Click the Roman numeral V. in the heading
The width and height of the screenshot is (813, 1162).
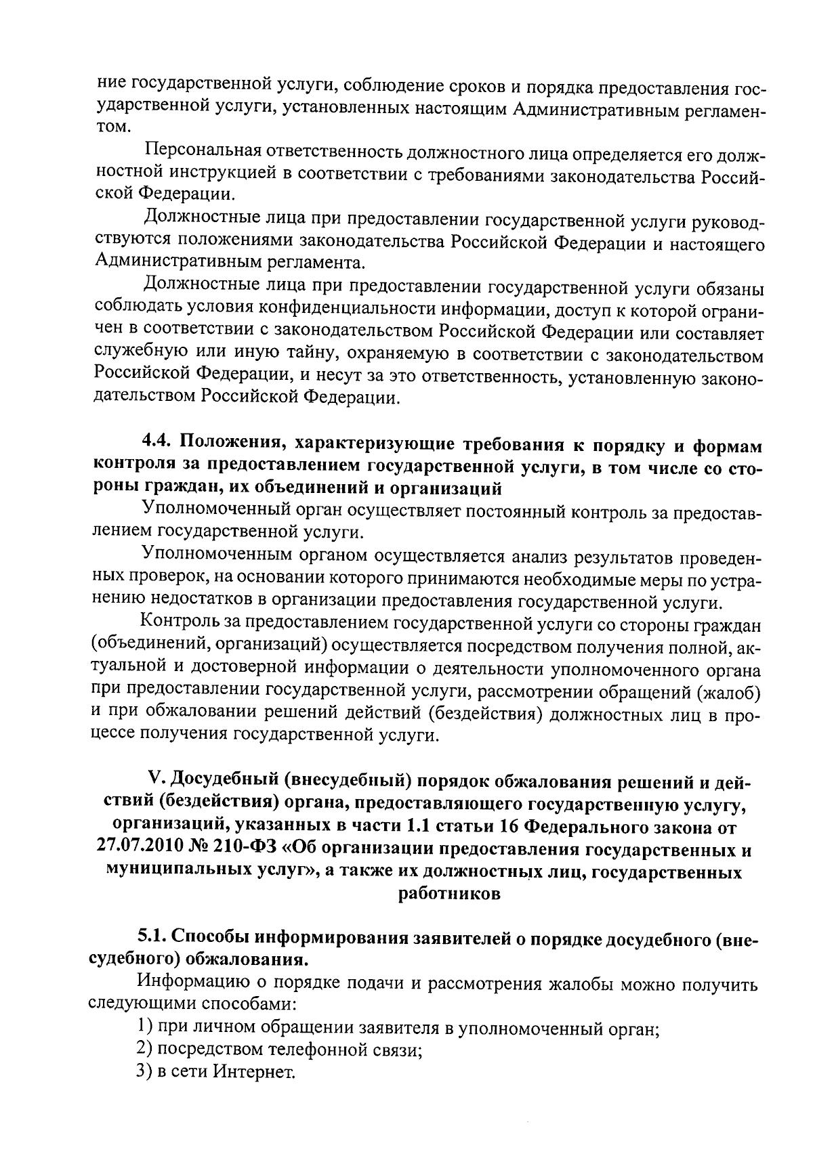tap(154, 783)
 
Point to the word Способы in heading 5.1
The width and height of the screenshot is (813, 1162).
tap(212, 937)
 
